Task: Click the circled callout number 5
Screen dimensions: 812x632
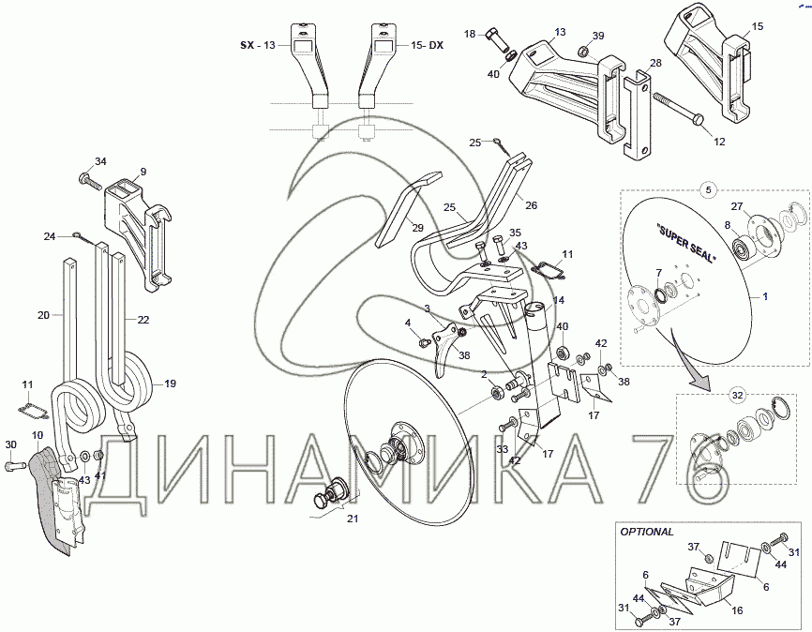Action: click(709, 189)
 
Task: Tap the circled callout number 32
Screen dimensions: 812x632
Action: click(737, 396)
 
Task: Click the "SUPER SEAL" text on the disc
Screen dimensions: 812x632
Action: click(685, 242)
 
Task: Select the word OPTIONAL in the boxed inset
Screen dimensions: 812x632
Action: click(647, 532)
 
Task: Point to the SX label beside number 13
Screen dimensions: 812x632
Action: click(247, 45)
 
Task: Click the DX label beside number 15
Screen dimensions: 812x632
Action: click(436, 45)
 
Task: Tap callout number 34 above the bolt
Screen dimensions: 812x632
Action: click(100, 161)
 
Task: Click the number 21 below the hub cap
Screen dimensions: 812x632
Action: click(353, 519)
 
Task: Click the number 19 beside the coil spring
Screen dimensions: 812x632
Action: click(170, 384)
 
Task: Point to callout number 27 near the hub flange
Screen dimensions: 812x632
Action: click(737, 206)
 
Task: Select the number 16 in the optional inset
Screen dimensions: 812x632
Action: click(737, 610)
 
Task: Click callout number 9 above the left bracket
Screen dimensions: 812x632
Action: click(143, 172)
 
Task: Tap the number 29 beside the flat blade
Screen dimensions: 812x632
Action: click(417, 228)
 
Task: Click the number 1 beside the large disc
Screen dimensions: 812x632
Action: click(765, 297)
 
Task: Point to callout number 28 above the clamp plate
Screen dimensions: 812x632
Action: click(655, 63)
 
